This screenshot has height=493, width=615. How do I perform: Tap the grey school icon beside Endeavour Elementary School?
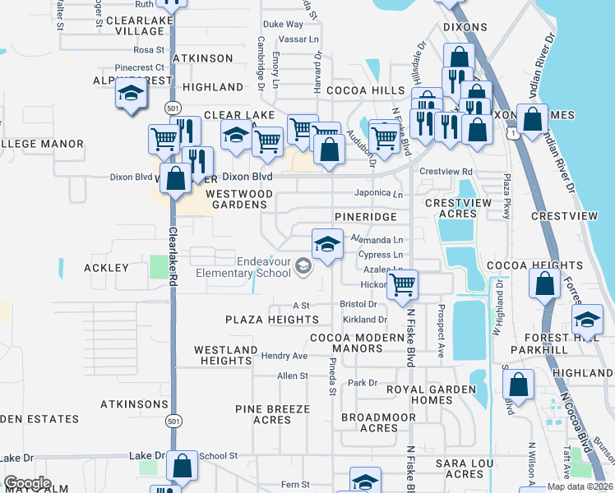pos(304,265)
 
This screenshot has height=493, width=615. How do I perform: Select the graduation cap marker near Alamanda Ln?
pos(327,245)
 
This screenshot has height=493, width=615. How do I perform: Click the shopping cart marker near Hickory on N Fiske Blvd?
pos(402,286)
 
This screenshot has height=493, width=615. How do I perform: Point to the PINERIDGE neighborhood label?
pos(366,216)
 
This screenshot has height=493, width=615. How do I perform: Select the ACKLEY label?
pos(106,268)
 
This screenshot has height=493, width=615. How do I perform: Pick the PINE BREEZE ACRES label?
pos(272,414)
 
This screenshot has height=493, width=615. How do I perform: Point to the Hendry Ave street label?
pos(284,356)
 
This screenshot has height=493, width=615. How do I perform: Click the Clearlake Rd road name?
pos(173,256)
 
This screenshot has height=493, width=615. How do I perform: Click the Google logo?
pos(27,483)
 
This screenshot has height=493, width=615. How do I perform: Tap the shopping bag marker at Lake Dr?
pos(182,467)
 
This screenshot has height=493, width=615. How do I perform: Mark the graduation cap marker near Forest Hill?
pos(587,320)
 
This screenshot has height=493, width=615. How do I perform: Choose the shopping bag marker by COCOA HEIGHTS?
pos(544,286)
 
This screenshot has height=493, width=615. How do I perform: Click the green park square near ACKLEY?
pos(157,267)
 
